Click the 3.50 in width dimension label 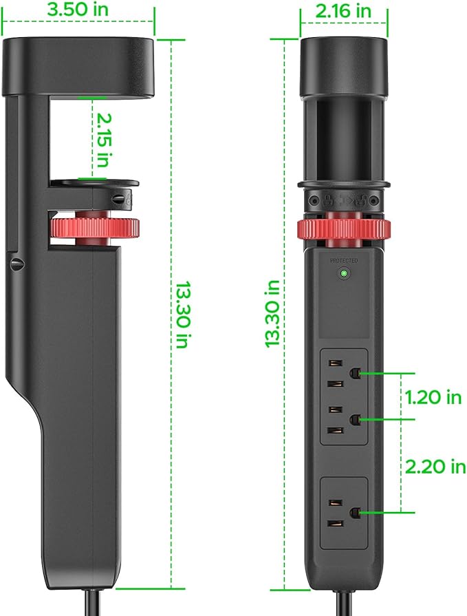78,9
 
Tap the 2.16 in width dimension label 343,10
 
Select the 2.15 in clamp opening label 103,140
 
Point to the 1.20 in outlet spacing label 433,397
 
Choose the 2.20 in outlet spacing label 435,467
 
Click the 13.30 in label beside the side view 182,315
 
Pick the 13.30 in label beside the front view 272,314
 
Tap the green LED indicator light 344,273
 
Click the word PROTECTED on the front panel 344,260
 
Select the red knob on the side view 94,228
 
